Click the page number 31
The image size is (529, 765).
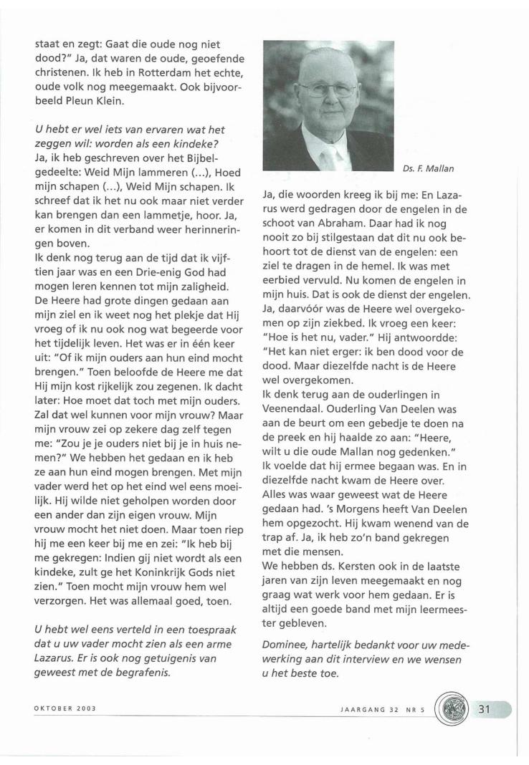tap(485, 729)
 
